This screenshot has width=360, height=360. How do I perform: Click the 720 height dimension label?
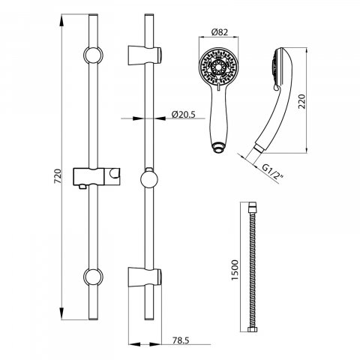click(58, 176)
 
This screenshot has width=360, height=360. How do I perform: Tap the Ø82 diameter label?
click(220, 32)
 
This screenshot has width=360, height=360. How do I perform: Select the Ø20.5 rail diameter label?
click(183, 114)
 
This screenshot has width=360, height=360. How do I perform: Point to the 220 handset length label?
click(302, 101)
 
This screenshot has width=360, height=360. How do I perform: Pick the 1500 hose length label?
click(235, 270)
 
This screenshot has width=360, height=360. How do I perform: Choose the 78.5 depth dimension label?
click(181, 340)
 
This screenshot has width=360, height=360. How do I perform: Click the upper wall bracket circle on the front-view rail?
click(93, 55)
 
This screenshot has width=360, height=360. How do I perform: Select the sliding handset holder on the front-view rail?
click(97, 177)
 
